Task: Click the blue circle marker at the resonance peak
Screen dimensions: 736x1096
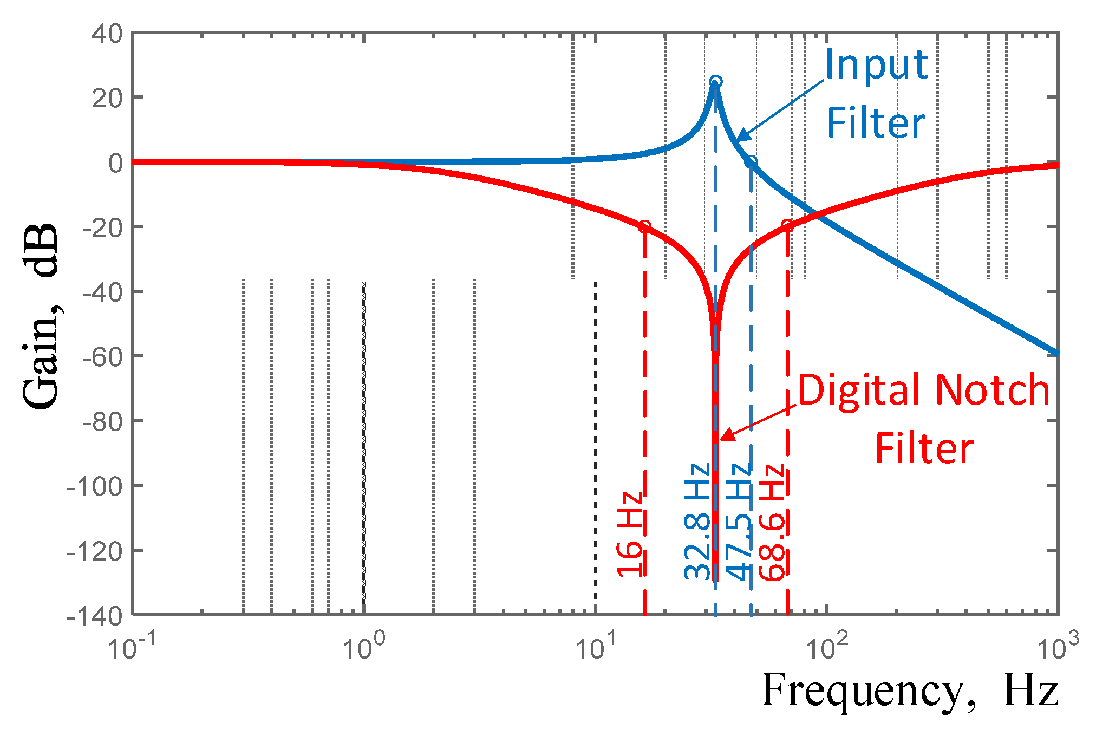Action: (715, 82)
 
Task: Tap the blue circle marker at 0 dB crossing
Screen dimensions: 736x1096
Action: (751, 161)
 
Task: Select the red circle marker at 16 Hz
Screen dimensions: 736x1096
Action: (644, 226)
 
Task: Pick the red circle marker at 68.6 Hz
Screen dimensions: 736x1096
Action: (787, 226)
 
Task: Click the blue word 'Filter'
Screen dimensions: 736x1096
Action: (876, 123)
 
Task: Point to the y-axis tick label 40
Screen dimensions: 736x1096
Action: (107, 34)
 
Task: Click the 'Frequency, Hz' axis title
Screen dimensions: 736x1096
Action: (909, 691)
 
